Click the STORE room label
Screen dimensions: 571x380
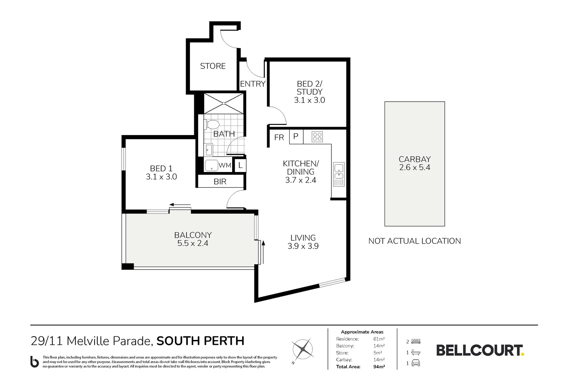pos(212,66)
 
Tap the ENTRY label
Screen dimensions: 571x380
pos(253,84)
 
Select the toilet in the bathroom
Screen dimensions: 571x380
pos(212,125)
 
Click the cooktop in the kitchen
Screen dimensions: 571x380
pos(317,137)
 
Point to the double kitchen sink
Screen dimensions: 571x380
pos(339,174)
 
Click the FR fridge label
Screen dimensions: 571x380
pos(279,138)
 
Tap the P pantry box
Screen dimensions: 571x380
pos(296,137)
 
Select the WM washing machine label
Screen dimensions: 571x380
pos(224,165)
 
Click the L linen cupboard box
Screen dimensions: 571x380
pos(240,165)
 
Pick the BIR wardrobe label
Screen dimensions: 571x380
pos(220,182)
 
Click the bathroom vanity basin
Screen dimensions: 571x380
pos(209,150)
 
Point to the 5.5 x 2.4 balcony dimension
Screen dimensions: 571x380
pos(193,243)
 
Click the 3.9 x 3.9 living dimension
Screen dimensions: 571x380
pos(303,246)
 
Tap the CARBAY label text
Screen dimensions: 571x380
pos(414,159)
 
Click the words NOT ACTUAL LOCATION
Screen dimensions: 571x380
pos(414,241)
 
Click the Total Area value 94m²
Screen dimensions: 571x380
pos(379,367)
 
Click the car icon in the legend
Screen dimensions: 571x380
pos(415,363)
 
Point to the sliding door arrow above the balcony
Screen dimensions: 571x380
pos(180,204)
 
